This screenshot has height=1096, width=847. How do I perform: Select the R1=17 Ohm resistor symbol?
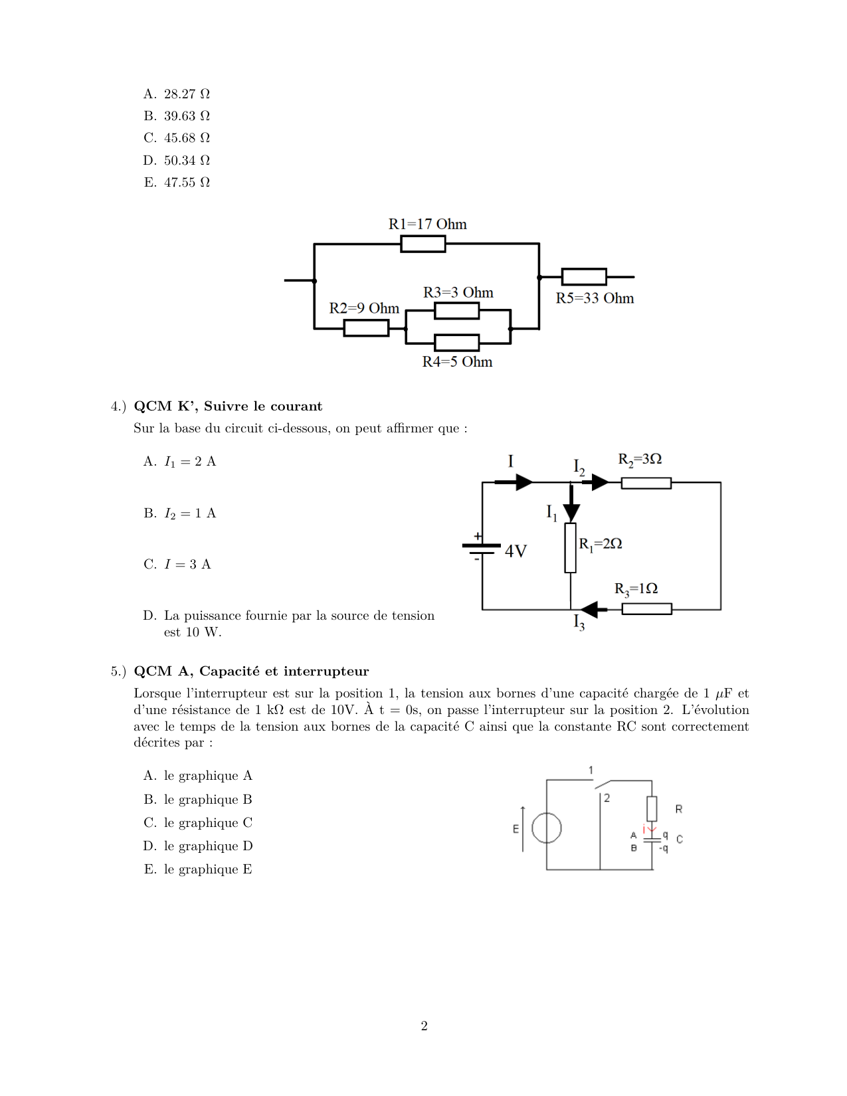tap(423, 244)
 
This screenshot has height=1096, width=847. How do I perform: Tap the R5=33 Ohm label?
tap(595, 298)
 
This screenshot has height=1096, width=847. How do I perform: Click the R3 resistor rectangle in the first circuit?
tap(456, 310)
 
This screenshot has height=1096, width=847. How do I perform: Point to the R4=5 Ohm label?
tap(457, 362)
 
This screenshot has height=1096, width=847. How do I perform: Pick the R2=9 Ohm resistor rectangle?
tap(366, 328)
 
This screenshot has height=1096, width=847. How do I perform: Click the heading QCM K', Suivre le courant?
tap(228, 407)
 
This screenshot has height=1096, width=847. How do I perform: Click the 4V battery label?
tap(516, 551)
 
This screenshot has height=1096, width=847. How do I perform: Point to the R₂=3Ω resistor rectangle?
tap(646, 483)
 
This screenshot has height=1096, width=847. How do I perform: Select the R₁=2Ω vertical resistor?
tap(570, 548)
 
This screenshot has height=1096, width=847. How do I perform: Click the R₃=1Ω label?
tap(636, 589)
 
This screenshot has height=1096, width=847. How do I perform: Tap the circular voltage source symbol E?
tap(547, 828)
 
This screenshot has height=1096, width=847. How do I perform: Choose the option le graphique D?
tap(208, 846)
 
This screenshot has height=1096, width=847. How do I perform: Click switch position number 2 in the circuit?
tap(607, 798)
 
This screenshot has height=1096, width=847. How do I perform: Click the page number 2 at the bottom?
tap(424, 1026)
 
